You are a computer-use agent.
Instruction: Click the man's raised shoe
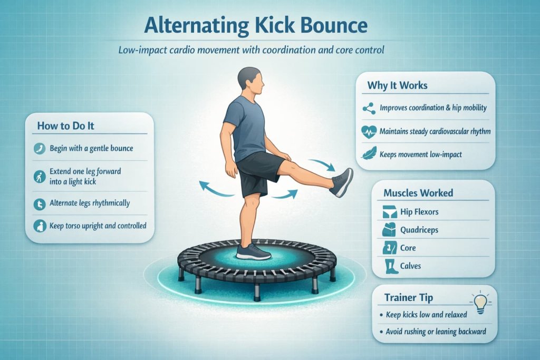(342, 182)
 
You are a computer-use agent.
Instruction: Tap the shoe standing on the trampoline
(253, 251)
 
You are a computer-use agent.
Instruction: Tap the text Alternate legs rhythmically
(90, 203)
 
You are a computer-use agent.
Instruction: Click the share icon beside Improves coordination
(368, 108)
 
